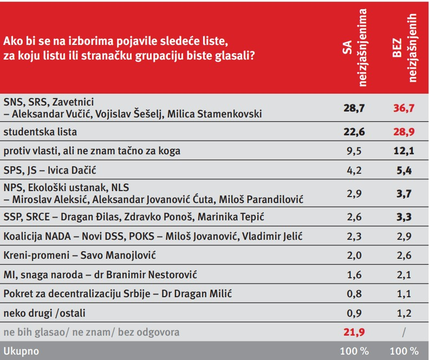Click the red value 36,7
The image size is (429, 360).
[x=403, y=108]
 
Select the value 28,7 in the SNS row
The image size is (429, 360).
[x=354, y=108]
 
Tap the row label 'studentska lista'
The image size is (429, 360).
[x=40, y=132]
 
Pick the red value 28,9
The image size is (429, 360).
[x=403, y=132]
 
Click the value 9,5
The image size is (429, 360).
[x=354, y=150]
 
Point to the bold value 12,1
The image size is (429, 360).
[x=403, y=150]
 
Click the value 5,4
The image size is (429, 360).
[x=403, y=171]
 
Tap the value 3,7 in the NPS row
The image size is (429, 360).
[x=403, y=193]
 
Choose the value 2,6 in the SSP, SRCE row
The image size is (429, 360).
[x=354, y=217]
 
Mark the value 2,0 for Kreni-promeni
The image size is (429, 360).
[x=354, y=255]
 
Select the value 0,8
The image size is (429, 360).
[x=354, y=293]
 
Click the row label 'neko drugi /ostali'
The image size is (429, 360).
[x=44, y=312]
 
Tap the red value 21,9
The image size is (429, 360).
[x=354, y=331]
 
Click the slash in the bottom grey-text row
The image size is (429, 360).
[x=403, y=331]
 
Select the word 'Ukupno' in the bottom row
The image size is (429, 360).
[x=21, y=350]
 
